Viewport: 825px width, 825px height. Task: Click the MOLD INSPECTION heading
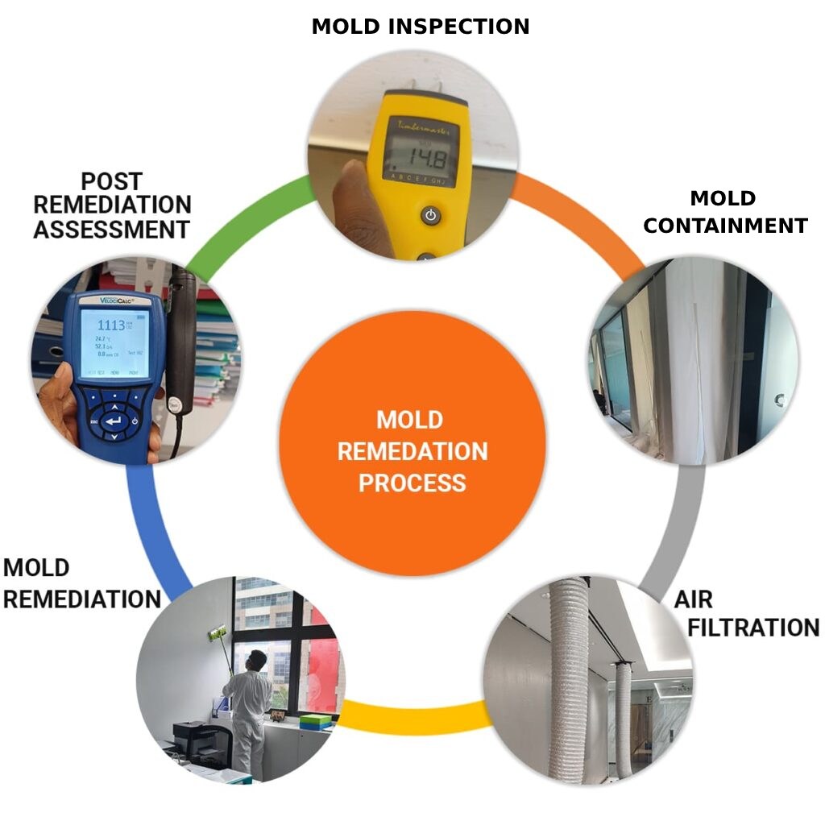coord(420,27)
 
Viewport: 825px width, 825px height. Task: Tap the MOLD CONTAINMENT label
coord(724,212)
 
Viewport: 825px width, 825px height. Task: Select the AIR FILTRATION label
coord(746,614)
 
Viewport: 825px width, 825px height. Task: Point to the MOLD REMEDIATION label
coord(81,584)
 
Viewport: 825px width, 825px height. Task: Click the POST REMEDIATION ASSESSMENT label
coord(112,205)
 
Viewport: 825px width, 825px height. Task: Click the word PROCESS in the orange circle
coord(412,483)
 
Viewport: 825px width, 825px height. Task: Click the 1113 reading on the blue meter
coord(111,325)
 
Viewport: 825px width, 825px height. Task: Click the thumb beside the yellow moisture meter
coord(348,201)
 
